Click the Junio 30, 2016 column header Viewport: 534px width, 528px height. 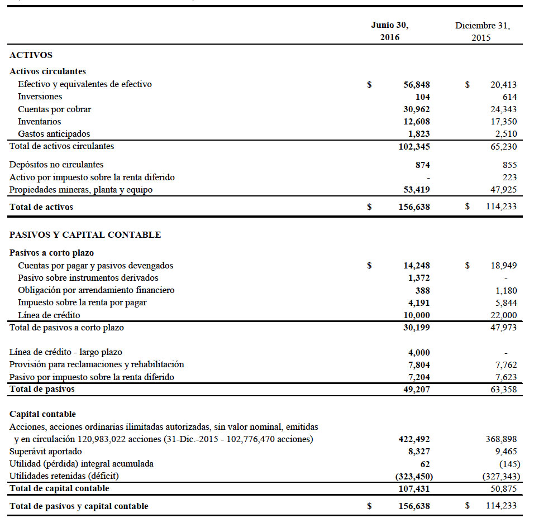(390, 31)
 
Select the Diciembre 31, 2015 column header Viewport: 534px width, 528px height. (482, 31)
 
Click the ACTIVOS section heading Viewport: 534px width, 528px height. (31, 55)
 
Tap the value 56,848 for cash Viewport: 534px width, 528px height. (417, 85)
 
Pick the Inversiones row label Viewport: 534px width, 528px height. (40, 97)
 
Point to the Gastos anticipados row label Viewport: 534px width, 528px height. (54, 134)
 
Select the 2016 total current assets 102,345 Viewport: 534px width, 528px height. (414, 147)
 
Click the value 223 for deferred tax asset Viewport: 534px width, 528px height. (509, 177)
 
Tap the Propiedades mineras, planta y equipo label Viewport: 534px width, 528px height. (81, 190)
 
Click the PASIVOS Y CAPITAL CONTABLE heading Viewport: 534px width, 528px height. (85, 235)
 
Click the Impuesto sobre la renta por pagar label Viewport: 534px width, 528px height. (82, 303)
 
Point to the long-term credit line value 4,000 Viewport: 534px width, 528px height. (419, 353)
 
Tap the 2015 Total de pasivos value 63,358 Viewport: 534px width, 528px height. (503, 390)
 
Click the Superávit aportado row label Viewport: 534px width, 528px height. (46, 452)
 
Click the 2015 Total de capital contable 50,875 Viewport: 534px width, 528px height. (503, 489)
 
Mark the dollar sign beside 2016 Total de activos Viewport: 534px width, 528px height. (369, 207)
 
